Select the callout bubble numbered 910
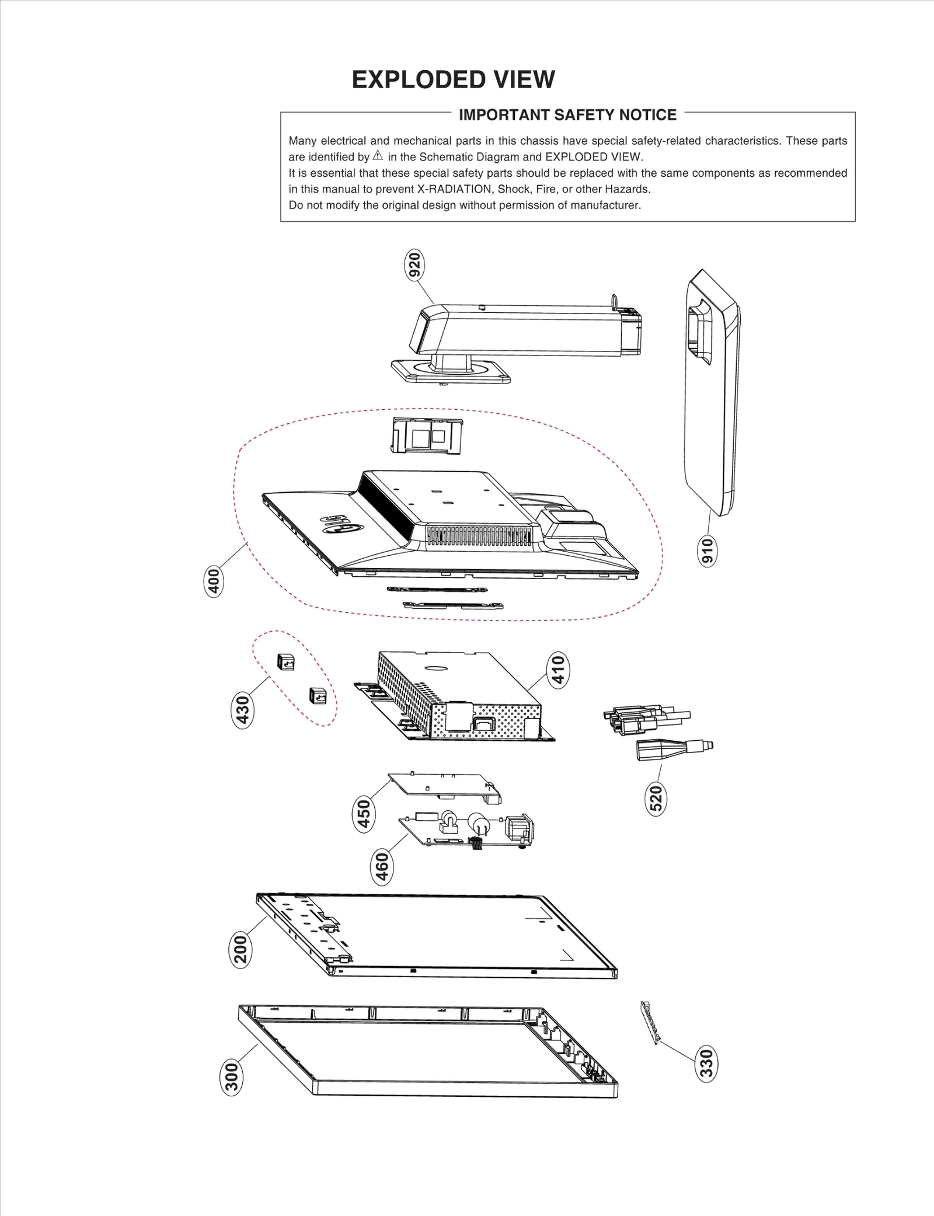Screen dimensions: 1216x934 707,550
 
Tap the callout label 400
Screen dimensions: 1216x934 214,581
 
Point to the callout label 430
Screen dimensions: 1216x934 242,709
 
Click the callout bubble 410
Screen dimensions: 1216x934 558,670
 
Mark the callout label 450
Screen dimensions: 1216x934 364,814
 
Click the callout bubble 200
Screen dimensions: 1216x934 240,950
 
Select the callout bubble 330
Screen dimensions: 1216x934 706,1064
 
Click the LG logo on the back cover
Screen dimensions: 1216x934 341,523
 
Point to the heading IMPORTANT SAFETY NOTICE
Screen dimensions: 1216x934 567,115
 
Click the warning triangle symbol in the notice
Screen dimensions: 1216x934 378,156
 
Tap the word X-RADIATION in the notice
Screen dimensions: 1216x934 454,189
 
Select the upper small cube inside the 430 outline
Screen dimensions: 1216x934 286,662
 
